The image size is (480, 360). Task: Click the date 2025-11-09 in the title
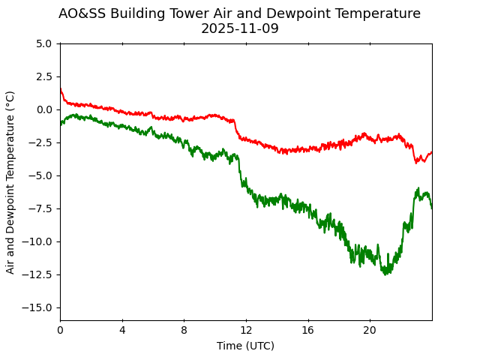click(x=239, y=28)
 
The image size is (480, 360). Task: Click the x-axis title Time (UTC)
click(x=245, y=346)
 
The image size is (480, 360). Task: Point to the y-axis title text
click(x=10, y=181)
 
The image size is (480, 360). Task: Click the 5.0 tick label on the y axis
click(x=44, y=43)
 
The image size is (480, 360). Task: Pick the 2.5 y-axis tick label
click(x=44, y=76)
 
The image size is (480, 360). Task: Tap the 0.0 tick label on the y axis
click(x=44, y=109)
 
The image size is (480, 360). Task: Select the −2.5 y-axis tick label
click(x=42, y=142)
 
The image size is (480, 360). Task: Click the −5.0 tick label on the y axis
click(x=42, y=175)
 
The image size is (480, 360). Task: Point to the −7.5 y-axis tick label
click(x=42, y=208)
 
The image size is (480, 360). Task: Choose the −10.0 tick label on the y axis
click(x=39, y=241)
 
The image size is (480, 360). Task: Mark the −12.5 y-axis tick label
click(x=39, y=274)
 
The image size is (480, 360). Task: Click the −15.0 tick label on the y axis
click(x=39, y=307)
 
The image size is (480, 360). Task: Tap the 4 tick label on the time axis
click(x=122, y=330)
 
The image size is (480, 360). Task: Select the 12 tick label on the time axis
click(x=246, y=330)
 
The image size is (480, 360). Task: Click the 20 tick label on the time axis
click(x=370, y=330)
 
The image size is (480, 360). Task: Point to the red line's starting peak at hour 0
click(x=61, y=89)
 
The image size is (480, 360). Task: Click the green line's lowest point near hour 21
click(x=386, y=274)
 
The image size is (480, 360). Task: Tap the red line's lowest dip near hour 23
click(x=417, y=163)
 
